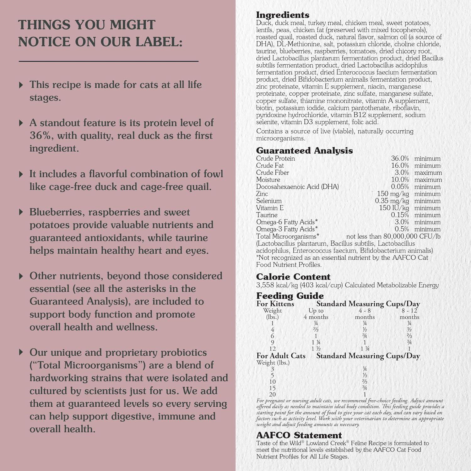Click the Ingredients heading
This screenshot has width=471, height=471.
pos(283,15)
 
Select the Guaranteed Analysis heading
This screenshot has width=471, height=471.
pos(304,151)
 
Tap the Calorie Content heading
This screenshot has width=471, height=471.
pos(293,277)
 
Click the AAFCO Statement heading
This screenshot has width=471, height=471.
pos(299,435)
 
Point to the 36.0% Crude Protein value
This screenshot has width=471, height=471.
pos(400,159)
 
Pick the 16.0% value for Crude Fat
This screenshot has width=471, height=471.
pos(400,165)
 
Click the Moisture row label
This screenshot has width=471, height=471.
pos(268,180)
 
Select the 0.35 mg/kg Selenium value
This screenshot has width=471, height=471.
pos(392,201)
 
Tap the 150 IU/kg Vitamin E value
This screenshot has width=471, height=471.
pos(394,208)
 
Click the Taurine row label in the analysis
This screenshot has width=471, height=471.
pos(267,215)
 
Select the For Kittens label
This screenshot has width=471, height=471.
pos(275,304)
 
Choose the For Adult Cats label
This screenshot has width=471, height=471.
pos(281,356)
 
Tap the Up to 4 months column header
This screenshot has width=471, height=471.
pos(316,314)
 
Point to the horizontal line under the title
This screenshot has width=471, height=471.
pos(109,61)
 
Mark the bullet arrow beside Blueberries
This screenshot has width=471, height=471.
pos(21,212)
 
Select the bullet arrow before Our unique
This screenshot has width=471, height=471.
pos(21,352)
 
